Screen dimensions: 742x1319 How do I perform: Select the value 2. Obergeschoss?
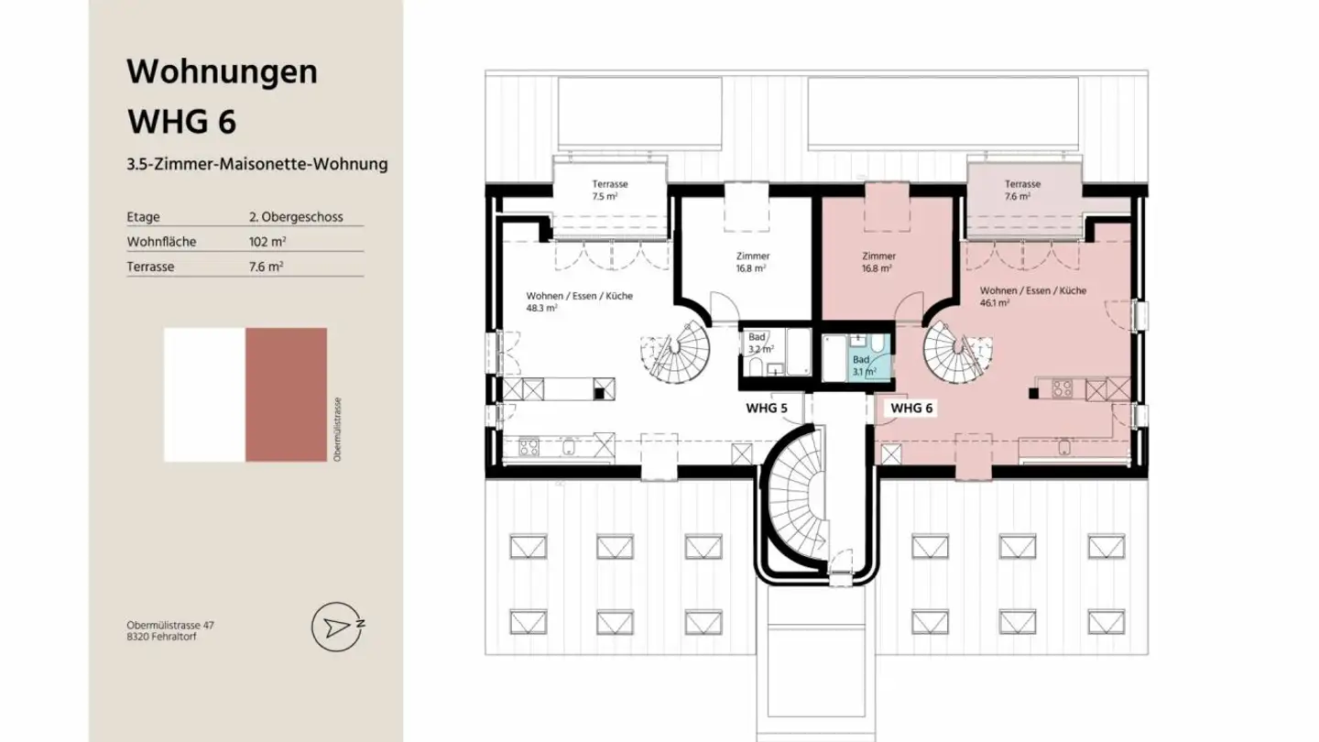[x=295, y=217]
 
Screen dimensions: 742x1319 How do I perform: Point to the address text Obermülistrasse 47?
[x=170, y=625]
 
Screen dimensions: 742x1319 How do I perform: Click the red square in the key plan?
[x=286, y=395]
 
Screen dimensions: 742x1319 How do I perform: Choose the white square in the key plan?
[x=204, y=395]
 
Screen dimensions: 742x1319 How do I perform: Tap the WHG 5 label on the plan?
[x=766, y=408]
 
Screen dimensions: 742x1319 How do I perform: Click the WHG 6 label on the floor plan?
[x=911, y=408]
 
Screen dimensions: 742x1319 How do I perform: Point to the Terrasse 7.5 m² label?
[x=609, y=190]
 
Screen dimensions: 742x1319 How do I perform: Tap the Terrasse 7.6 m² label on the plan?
[x=1021, y=190]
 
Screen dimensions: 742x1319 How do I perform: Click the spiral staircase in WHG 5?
[x=680, y=354]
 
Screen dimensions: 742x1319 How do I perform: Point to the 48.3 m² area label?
[x=541, y=309]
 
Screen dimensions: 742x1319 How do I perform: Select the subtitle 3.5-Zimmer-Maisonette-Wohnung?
[x=257, y=165]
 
